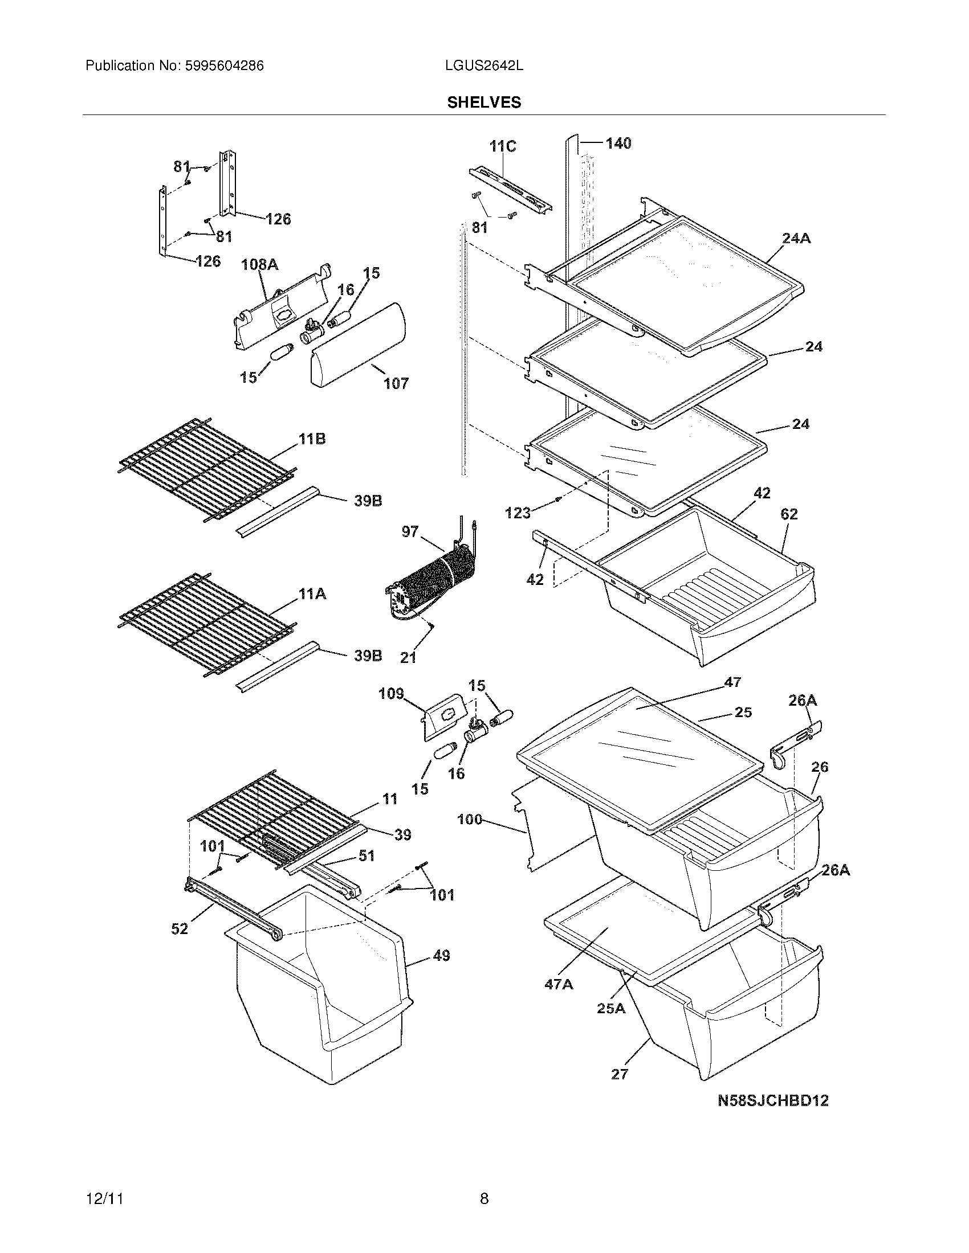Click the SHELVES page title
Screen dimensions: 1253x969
(x=484, y=102)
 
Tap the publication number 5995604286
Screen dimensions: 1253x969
(x=223, y=66)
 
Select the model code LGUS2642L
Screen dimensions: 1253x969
(x=483, y=66)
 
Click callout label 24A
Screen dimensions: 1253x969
(x=796, y=238)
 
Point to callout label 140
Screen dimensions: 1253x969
(x=618, y=144)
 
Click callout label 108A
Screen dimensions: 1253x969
(x=259, y=264)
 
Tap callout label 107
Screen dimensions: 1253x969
(x=396, y=383)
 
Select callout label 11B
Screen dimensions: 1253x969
(x=312, y=440)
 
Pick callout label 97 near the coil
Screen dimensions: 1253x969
(x=410, y=532)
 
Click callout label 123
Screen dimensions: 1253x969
(x=518, y=513)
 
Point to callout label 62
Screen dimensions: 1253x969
(x=789, y=514)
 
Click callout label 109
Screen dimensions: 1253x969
(x=391, y=694)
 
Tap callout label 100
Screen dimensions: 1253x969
(x=470, y=819)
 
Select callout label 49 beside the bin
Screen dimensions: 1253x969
(x=441, y=956)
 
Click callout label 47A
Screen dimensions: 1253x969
(x=559, y=985)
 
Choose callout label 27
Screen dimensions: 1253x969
(x=620, y=1074)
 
